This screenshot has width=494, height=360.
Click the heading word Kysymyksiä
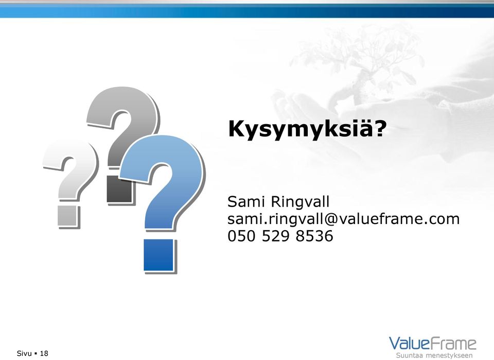301,129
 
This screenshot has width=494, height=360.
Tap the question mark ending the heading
381,128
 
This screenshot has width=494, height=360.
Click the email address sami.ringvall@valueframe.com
343,219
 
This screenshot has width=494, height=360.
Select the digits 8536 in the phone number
314,236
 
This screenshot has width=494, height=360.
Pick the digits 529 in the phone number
276,236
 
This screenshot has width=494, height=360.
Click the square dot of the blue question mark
159,255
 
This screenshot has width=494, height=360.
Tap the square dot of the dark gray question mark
119,189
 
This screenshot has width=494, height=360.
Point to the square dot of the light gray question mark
67,216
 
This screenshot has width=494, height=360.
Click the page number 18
44,353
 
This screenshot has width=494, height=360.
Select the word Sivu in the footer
24,353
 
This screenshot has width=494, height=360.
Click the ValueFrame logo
433,347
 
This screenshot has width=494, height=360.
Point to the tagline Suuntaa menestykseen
434,355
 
